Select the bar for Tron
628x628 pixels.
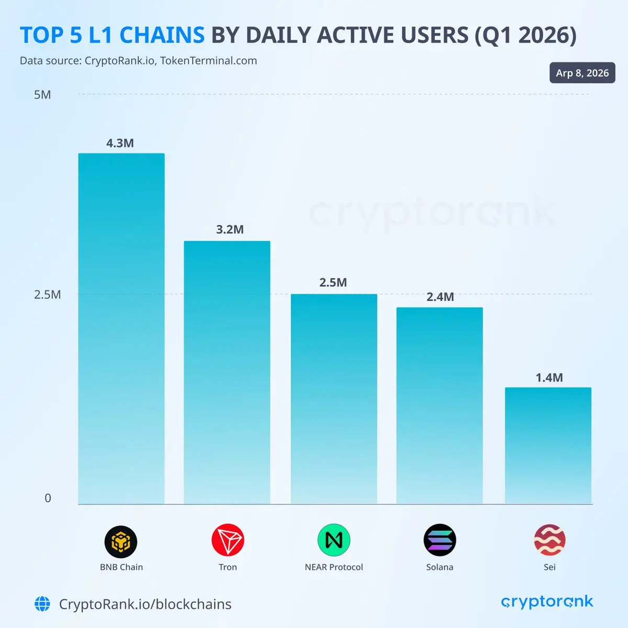point(227,373)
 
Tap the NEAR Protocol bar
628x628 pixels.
point(334,399)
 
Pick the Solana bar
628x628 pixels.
point(440,406)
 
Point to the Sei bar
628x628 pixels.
point(548,446)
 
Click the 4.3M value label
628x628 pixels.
point(120,143)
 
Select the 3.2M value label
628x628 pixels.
point(230,230)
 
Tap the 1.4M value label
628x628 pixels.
point(549,378)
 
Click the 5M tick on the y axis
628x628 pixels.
point(42,95)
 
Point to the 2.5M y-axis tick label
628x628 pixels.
point(48,295)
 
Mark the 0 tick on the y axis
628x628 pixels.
point(48,498)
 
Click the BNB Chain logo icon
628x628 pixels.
point(121,542)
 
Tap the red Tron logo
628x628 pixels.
point(228,541)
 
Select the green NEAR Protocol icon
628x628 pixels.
point(333,540)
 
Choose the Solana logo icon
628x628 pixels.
point(440,540)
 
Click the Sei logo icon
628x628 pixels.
point(549,540)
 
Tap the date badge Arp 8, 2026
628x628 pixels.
point(582,73)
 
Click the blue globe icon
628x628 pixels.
point(42,604)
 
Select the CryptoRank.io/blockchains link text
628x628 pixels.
point(145,604)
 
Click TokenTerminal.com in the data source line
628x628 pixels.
point(208,61)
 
